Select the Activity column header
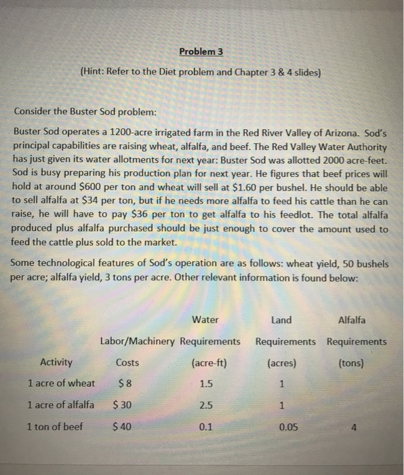(57, 362)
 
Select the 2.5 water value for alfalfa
(206, 406)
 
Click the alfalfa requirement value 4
(356, 428)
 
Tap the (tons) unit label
(351, 362)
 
